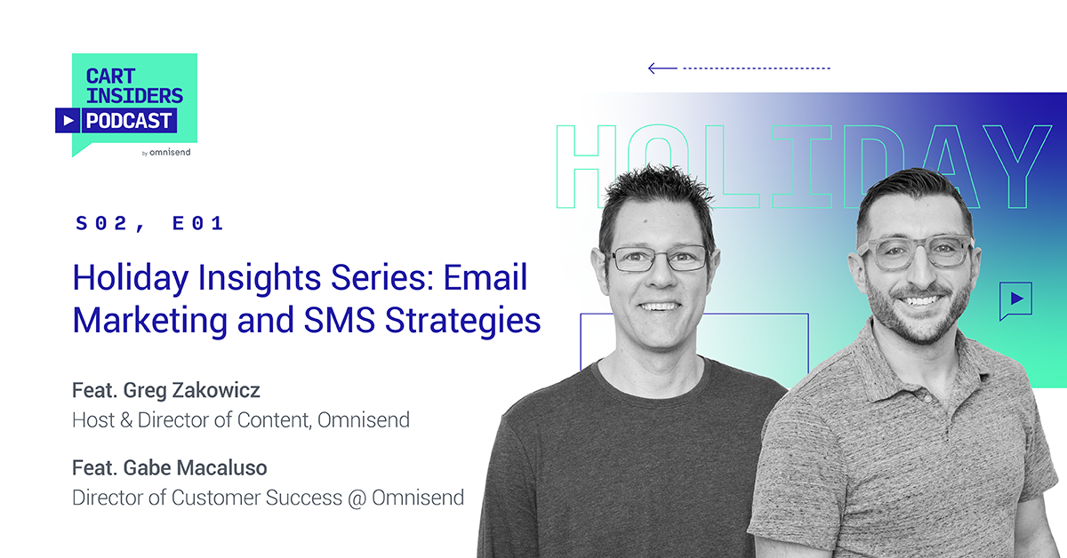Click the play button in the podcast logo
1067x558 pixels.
coord(68,120)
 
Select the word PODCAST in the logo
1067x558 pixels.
coord(129,120)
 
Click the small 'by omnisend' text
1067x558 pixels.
coord(166,152)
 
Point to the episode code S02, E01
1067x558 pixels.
coord(149,224)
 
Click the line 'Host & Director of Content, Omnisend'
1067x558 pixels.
coord(241,419)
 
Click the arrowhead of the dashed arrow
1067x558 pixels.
coord(652,68)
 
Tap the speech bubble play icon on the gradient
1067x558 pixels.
coord(1015,299)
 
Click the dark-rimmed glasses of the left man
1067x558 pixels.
coord(658,258)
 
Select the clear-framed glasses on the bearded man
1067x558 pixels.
coord(915,251)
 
